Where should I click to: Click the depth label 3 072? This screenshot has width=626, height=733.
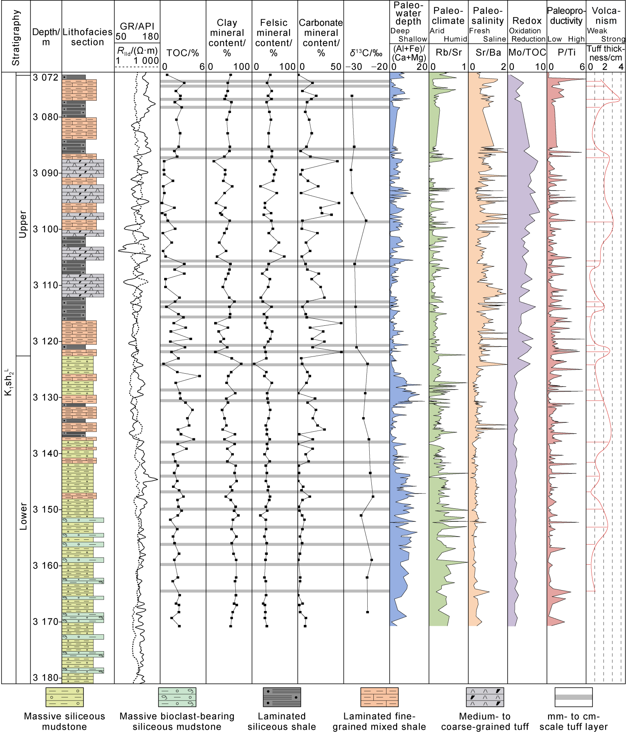coord(46,78)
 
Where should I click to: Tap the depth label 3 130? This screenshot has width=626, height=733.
coord(46,397)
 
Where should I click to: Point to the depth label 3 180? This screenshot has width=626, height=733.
coord(46,678)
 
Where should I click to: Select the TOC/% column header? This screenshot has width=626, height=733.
coord(183,53)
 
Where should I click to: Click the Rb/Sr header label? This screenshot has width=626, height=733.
coord(449,52)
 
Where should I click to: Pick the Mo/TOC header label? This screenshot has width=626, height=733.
coord(527,52)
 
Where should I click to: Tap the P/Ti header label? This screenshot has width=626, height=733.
coord(567,52)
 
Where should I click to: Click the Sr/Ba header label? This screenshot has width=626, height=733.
coord(488,52)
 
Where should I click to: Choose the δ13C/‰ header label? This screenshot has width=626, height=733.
coord(366,53)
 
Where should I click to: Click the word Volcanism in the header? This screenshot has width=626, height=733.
coord(606,16)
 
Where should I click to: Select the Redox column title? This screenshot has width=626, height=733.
coord(527,21)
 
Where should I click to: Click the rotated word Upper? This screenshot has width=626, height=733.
coord(23,224)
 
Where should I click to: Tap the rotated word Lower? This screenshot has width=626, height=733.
coord(23,516)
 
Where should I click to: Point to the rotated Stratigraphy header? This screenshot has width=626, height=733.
coord(16,38)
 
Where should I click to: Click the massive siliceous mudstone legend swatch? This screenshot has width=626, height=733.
coord(64,697)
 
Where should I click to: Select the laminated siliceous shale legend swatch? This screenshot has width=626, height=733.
coord(282,697)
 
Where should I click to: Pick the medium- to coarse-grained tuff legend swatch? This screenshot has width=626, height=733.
coord(485,697)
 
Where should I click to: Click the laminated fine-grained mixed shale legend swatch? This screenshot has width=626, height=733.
coord(379,697)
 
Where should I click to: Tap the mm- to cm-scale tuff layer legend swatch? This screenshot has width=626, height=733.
coord(574,697)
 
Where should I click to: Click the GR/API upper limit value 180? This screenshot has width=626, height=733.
coord(150,36)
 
